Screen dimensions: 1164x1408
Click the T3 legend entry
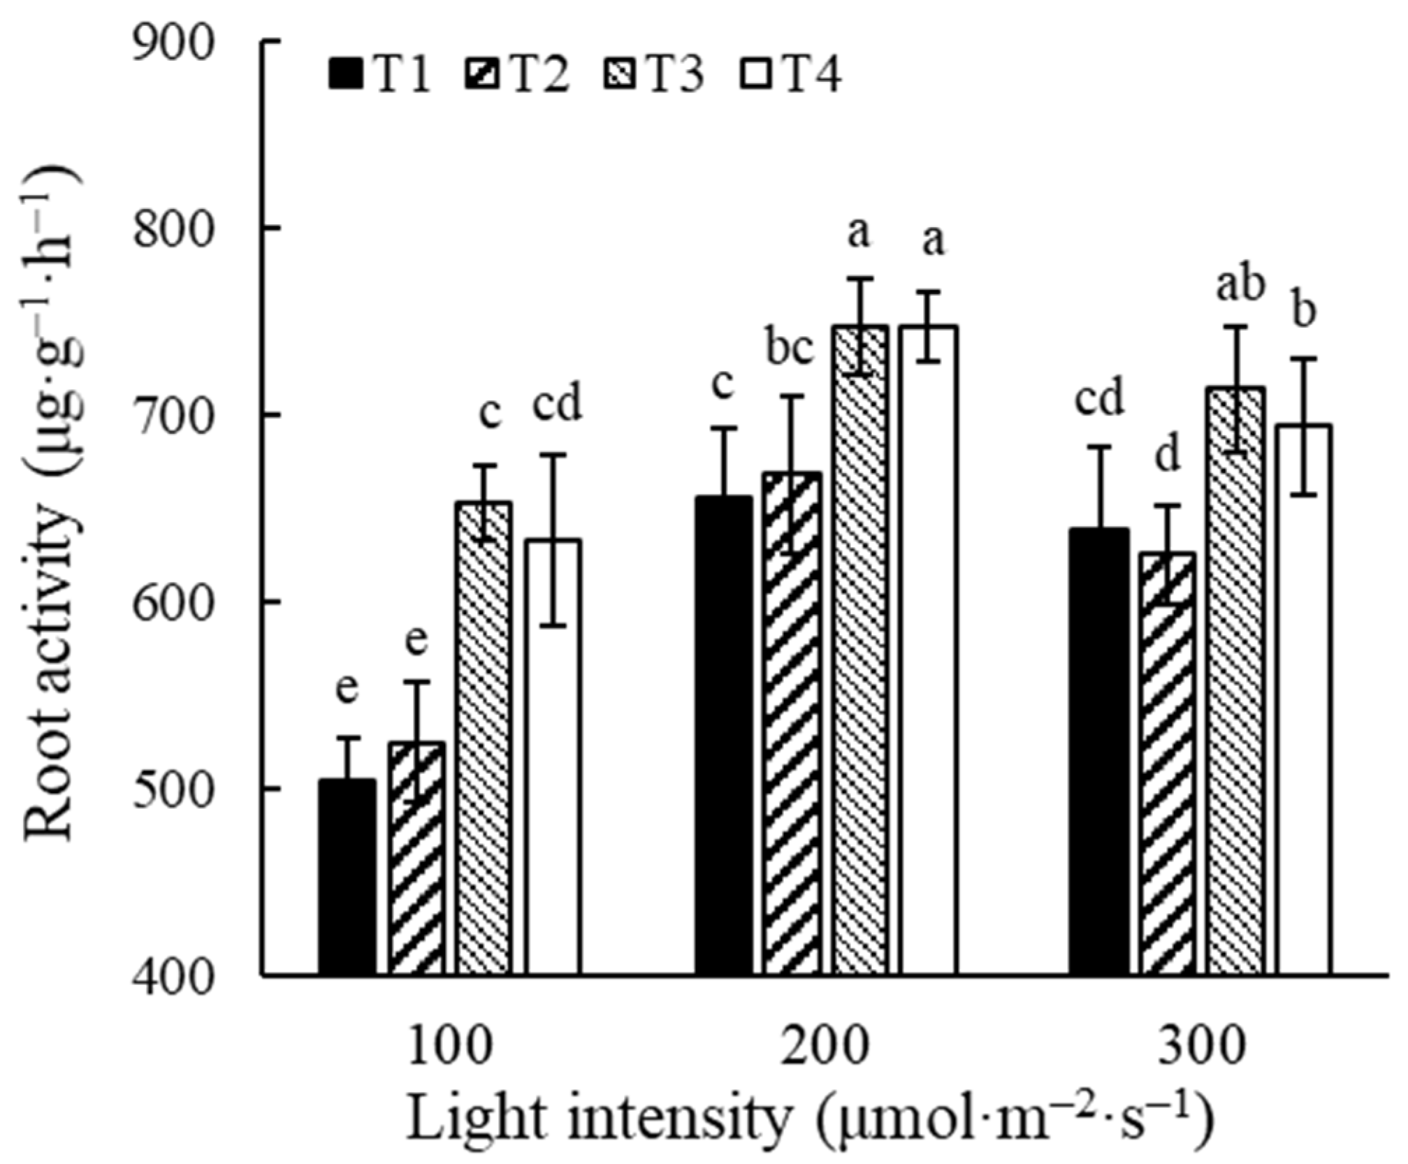pyautogui.click(x=654, y=75)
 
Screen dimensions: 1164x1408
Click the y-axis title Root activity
pyautogui.click(x=52, y=510)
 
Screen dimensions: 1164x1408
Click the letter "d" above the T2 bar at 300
pyautogui.click(x=1167, y=455)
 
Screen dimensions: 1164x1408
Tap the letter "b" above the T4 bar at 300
pyautogui.click(x=1303, y=311)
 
